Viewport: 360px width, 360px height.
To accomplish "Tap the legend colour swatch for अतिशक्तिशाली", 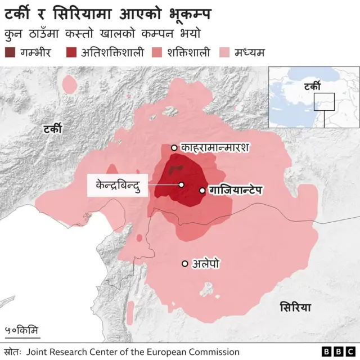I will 71,53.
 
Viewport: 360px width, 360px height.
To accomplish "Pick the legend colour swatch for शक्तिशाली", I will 156,53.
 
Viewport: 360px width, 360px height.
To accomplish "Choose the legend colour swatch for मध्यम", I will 223,53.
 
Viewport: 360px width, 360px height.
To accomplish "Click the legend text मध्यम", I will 250,53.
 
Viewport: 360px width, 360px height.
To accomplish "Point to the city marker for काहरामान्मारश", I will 174,148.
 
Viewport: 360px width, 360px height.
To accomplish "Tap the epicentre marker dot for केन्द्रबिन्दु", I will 182,184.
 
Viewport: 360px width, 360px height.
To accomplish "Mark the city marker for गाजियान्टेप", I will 202,191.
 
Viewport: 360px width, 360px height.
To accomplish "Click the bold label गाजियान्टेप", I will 236,191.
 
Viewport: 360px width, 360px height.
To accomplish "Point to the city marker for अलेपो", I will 184,263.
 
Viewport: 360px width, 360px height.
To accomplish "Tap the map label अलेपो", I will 206,263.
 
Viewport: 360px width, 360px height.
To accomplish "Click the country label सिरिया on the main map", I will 295,307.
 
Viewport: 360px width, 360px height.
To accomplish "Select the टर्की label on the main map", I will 53,129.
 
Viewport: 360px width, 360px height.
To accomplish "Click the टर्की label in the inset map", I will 311,87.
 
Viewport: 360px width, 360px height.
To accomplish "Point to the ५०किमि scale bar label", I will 21,330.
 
